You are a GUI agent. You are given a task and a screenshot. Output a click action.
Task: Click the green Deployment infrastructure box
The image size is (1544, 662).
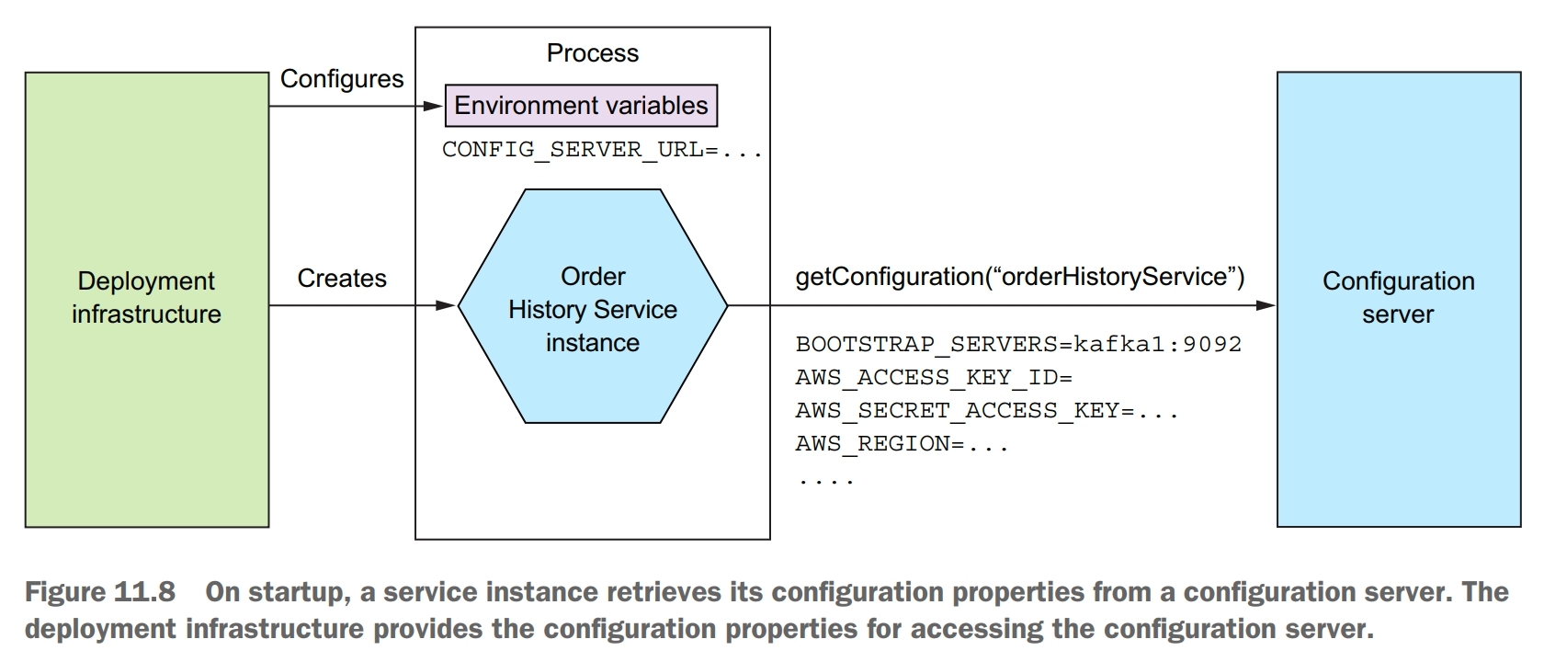tap(147, 299)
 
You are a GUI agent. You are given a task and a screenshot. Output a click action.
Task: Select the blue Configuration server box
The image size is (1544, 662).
tap(1398, 299)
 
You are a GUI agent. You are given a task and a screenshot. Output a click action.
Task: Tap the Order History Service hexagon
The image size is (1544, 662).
tap(593, 308)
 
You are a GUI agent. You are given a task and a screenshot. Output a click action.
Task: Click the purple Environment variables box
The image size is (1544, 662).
tap(581, 106)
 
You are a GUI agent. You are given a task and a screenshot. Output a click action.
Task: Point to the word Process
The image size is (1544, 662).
tap(592, 53)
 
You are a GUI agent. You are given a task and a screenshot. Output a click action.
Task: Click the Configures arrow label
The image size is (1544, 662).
tap(342, 79)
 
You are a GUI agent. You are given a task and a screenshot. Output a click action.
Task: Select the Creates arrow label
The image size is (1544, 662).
tap(342, 279)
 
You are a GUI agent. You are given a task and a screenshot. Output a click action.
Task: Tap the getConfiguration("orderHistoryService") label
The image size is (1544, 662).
tap(1019, 277)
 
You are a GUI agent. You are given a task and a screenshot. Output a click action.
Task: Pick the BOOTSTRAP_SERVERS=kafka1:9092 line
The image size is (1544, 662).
tap(1018, 345)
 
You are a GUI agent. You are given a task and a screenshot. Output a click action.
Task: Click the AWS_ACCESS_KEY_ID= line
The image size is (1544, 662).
tap(934, 378)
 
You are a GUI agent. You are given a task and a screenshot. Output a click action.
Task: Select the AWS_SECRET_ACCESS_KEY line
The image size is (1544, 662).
tap(986, 411)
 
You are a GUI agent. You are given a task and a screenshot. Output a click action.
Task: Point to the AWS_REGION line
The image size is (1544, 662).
tap(902, 444)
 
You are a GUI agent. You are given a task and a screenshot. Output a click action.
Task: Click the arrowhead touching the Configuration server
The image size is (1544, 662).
tap(1266, 305)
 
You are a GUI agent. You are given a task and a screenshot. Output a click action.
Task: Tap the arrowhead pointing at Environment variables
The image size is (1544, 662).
tap(434, 107)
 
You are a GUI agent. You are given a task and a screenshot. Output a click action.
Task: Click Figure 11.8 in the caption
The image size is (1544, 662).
tap(99, 592)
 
